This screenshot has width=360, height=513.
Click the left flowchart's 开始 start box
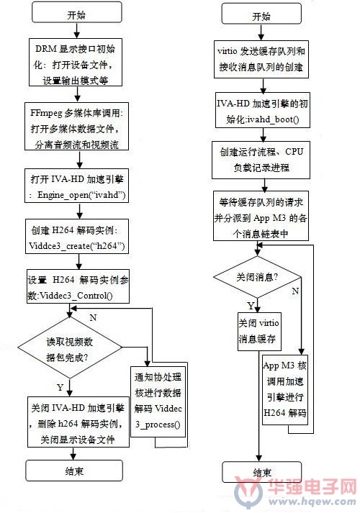[77, 13]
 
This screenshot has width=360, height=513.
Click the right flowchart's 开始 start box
[261, 14]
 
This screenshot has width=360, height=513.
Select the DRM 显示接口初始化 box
[76, 63]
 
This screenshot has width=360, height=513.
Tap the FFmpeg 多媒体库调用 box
[76, 127]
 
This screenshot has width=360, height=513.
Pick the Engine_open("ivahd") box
[76, 186]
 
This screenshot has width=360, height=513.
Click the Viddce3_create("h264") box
[77, 237]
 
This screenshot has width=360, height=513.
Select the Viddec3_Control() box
[78, 286]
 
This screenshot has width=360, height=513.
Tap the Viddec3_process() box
[158, 401]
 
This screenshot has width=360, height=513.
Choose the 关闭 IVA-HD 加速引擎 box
[78, 422]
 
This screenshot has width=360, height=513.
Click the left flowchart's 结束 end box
[74, 471]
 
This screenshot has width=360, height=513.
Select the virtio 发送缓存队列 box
[261, 59]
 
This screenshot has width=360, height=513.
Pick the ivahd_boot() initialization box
[263, 110]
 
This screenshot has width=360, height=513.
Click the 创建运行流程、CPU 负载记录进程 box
[261, 160]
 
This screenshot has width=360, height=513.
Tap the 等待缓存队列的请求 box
[261, 216]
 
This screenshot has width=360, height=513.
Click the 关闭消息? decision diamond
[257, 277]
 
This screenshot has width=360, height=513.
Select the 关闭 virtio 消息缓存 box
[259, 332]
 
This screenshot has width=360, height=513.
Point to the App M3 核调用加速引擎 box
[285, 390]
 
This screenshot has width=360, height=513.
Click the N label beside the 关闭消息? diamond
[295, 291]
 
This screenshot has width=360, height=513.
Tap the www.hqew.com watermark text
[312, 501]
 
